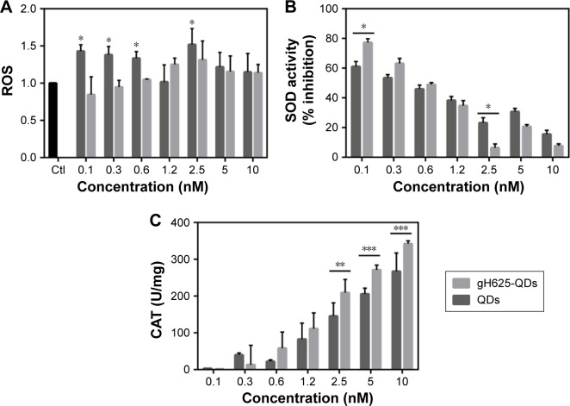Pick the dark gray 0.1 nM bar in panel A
pos(81,103)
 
